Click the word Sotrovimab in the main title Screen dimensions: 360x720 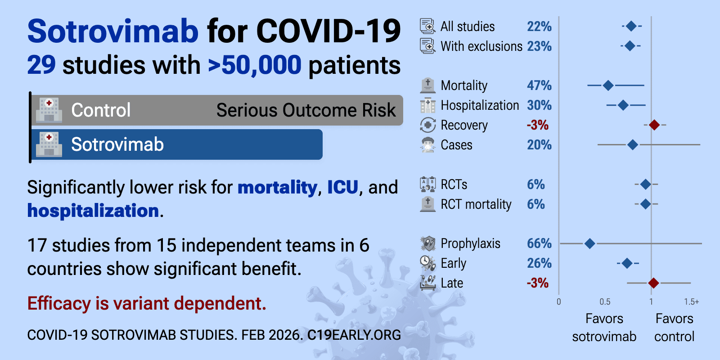click(x=112, y=31)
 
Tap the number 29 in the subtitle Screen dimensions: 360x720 click(x=41, y=65)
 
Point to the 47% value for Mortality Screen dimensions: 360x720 click(x=539, y=85)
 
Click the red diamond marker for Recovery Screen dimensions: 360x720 click(x=654, y=125)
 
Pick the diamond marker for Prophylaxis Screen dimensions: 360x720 click(x=589, y=243)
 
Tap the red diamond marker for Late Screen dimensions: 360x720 click(x=654, y=283)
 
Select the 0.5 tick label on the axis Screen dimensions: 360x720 click(x=605, y=302)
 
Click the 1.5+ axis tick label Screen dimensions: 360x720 click(x=692, y=302)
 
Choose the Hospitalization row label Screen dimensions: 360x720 click(x=480, y=105)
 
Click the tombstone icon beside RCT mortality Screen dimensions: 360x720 click(x=427, y=204)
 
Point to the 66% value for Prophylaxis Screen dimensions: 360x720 click(x=539, y=243)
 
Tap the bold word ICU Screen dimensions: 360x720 click(x=342, y=187)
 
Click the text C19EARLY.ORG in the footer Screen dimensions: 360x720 click(x=354, y=335)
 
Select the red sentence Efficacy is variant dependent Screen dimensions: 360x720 click(x=147, y=303)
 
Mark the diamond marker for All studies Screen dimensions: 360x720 click(x=631, y=26)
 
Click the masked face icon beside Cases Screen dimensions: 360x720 click(x=427, y=145)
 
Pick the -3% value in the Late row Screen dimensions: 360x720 click(x=538, y=283)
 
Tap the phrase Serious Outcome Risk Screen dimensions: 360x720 click(x=306, y=110)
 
